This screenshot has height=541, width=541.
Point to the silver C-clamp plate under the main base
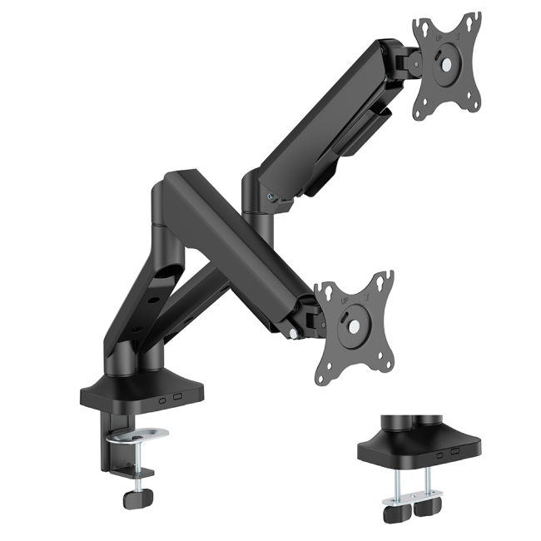[x=140, y=436]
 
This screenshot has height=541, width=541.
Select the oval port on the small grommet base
[x=439, y=454]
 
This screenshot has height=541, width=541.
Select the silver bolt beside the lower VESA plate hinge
[x=295, y=335]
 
